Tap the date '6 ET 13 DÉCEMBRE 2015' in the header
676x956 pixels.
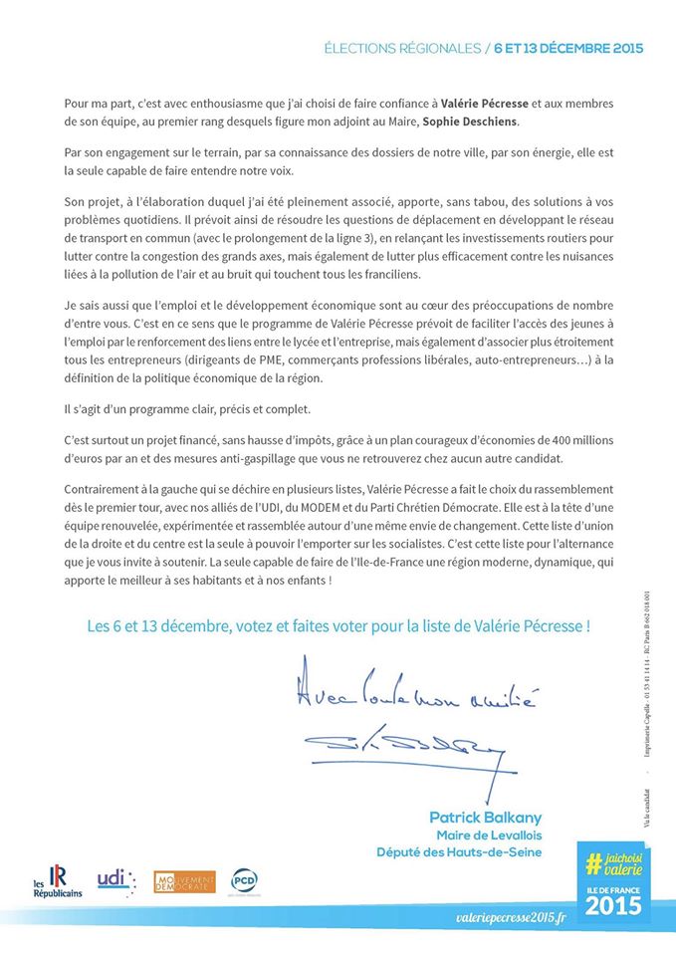pos(568,48)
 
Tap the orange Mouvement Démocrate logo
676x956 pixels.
pos(184,881)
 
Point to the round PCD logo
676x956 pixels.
pos(245,880)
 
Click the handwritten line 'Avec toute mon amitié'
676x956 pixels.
pos(417,693)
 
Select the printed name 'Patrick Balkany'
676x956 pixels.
pos(485,817)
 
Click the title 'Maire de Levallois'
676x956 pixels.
pos(489,835)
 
